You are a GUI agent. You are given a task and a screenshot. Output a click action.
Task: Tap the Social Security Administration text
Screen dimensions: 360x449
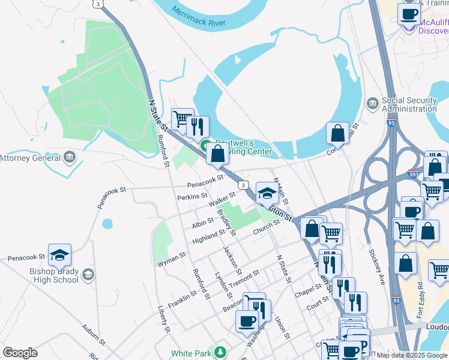(409, 104)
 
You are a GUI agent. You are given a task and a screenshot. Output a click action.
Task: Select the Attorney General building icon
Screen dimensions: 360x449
(70, 158)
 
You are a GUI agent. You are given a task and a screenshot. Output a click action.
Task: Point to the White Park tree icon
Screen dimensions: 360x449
(220, 353)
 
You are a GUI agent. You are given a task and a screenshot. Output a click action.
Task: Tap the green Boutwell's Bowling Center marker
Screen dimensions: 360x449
(205, 146)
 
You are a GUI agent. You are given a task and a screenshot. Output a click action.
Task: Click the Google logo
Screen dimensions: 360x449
(20, 353)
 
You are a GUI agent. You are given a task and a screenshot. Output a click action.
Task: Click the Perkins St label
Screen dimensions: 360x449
(192, 196)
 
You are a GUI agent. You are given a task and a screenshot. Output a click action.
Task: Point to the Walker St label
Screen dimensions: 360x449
(221, 199)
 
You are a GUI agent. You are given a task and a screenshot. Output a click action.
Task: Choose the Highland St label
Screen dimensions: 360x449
(208, 236)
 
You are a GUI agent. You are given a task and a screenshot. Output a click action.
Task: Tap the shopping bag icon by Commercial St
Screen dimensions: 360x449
(337, 133)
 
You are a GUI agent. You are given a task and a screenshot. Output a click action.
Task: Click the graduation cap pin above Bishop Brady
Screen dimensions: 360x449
(59, 255)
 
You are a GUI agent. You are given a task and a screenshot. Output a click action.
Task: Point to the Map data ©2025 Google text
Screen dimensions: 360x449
(412, 355)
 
